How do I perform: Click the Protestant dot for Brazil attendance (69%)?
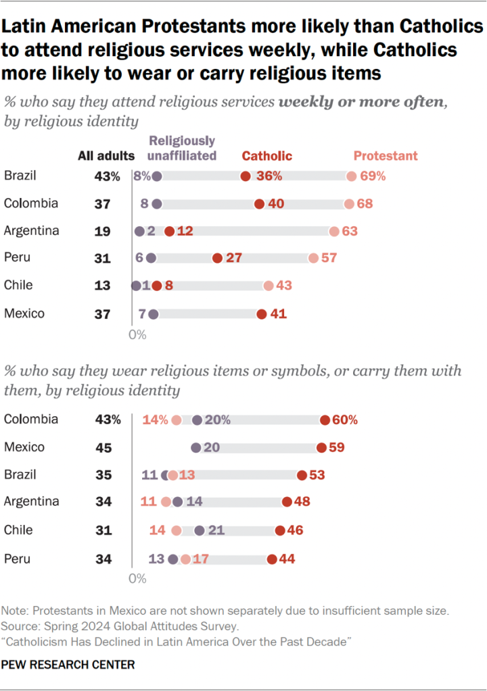pos(351,176)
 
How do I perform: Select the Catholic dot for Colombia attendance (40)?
pos(259,204)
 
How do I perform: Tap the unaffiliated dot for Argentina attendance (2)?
pos(140,231)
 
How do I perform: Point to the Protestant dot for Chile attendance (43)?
pos(269,286)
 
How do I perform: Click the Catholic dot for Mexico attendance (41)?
pos(262,313)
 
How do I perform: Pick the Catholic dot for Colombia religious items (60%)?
pos(325,420)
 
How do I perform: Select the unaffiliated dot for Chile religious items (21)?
pos(200,530)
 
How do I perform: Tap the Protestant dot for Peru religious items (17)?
pos(185,559)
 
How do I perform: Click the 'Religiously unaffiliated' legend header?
pos(182,148)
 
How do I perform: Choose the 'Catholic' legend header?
pos(267,156)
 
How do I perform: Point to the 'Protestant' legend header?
pos(386,156)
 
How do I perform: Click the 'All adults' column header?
pos(106,156)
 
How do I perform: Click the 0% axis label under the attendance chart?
pos(137,334)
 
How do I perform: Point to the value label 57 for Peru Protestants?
pos(329,259)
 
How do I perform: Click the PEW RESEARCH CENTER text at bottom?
pos(69,665)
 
